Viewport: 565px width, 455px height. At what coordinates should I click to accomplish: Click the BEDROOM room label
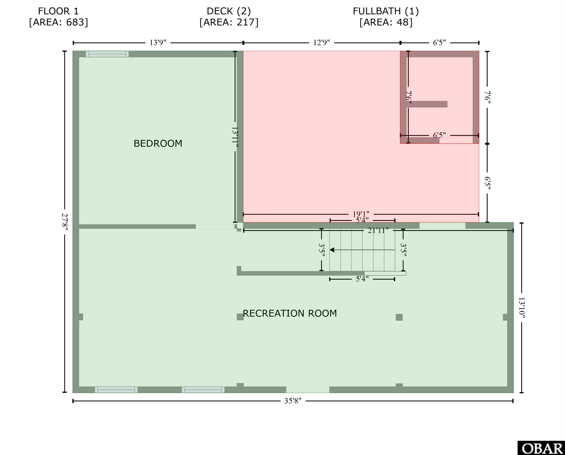(x=158, y=143)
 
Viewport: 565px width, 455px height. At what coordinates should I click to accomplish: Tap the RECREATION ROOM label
(x=290, y=313)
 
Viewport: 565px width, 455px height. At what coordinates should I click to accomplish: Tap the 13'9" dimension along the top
(x=158, y=43)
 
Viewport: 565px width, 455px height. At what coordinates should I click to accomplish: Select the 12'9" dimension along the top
(x=322, y=43)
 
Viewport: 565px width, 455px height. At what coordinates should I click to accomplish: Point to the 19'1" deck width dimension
(x=361, y=214)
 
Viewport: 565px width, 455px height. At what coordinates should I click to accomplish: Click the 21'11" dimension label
(x=378, y=230)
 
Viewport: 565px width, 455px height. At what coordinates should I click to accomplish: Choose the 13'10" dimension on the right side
(x=522, y=308)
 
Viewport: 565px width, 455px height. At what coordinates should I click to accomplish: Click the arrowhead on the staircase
(x=332, y=250)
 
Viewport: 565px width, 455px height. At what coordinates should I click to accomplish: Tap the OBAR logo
(x=541, y=448)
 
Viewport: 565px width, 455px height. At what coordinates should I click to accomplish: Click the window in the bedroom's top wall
(x=107, y=54)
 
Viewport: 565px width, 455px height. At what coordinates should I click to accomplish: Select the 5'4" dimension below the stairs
(x=362, y=279)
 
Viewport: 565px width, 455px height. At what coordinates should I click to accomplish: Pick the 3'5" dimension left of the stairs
(x=322, y=250)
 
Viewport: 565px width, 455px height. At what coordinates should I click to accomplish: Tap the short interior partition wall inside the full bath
(x=427, y=104)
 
